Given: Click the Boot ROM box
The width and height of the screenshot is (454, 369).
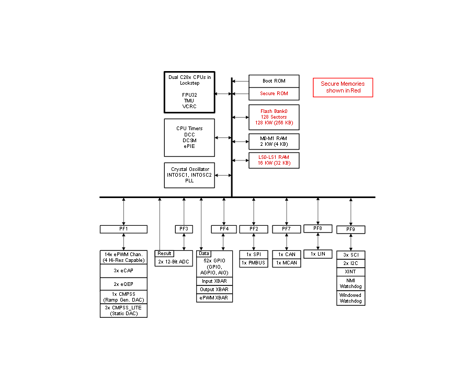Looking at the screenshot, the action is click(274, 81).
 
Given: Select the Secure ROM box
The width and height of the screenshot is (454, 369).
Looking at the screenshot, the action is click(274, 94).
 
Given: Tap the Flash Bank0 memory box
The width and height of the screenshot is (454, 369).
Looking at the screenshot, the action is click(274, 117).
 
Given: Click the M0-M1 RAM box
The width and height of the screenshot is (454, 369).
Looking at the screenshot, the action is click(274, 142).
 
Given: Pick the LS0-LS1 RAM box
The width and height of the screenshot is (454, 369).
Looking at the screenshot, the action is click(274, 160).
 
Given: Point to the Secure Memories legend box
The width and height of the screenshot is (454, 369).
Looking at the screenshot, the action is click(343, 87).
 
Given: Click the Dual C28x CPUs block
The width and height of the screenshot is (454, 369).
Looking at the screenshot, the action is click(189, 92).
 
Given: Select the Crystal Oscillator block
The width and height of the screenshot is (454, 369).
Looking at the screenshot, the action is click(189, 176).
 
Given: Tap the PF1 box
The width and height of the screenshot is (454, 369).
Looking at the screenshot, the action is click(123, 229).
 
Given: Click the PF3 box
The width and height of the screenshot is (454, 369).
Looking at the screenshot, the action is click(184, 229).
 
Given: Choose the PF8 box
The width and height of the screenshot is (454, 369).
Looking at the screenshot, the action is click(317, 228).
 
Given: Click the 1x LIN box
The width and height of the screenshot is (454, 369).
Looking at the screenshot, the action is click(317, 254).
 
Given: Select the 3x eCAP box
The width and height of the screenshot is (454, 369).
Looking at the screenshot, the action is click(123, 271).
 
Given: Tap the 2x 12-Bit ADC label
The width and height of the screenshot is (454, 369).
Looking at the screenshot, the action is click(174, 262).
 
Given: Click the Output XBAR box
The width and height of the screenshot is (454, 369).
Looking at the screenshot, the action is click(214, 290).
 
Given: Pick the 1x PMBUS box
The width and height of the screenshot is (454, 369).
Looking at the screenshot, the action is click(254, 263).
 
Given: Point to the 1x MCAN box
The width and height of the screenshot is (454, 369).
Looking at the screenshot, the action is click(287, 263).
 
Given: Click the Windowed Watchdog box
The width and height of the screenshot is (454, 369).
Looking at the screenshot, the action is click(350, 298).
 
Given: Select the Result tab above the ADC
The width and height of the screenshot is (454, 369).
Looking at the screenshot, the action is click(164, 253).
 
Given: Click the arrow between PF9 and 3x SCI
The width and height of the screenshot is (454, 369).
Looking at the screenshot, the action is click(350, 242).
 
